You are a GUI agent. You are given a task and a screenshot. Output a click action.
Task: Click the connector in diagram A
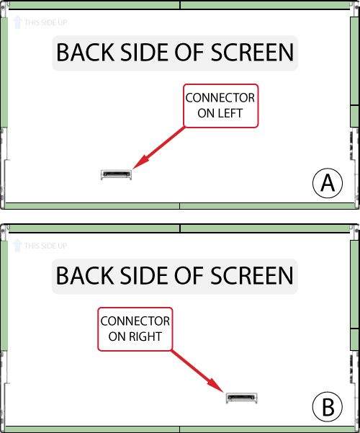click(116, 174)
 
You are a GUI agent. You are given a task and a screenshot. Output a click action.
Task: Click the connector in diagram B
click(242, 398)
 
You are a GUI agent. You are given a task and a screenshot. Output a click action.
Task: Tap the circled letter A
click(328, 183)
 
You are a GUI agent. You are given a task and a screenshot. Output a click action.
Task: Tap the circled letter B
click(328, 406)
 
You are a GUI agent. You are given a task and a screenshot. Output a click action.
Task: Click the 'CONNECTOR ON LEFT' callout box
click(221, 106)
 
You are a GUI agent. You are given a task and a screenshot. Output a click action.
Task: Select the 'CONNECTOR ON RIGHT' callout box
click(135, 329)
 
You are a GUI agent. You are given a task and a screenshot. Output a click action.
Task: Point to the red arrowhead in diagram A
click(141, 162)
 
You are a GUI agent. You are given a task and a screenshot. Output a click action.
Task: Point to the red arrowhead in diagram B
click(215, 385)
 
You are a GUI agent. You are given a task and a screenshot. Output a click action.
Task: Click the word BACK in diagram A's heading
click(85, 53)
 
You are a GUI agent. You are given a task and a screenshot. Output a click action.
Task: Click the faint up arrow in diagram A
click(17, 22)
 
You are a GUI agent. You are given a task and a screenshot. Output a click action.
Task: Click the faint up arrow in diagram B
click(17, 246)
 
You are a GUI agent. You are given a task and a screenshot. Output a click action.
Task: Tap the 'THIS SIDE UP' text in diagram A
click(45, 22)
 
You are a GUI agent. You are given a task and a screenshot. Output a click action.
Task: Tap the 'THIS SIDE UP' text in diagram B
click(45, 246)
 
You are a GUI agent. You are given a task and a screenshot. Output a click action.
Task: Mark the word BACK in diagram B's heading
click(85, 276)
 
